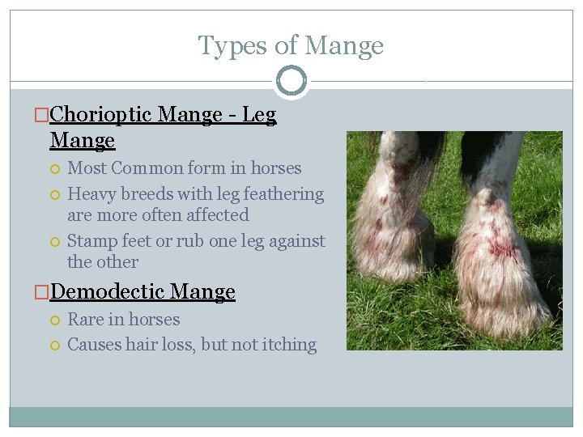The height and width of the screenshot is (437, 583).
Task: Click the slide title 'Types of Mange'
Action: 291,46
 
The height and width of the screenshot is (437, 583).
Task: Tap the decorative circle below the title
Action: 291,81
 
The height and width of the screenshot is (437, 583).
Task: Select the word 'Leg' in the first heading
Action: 259,116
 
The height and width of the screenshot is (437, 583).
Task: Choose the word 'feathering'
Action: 282,194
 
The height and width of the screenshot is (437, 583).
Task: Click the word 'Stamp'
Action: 93,241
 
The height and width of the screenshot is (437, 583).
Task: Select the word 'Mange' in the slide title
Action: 345,46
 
